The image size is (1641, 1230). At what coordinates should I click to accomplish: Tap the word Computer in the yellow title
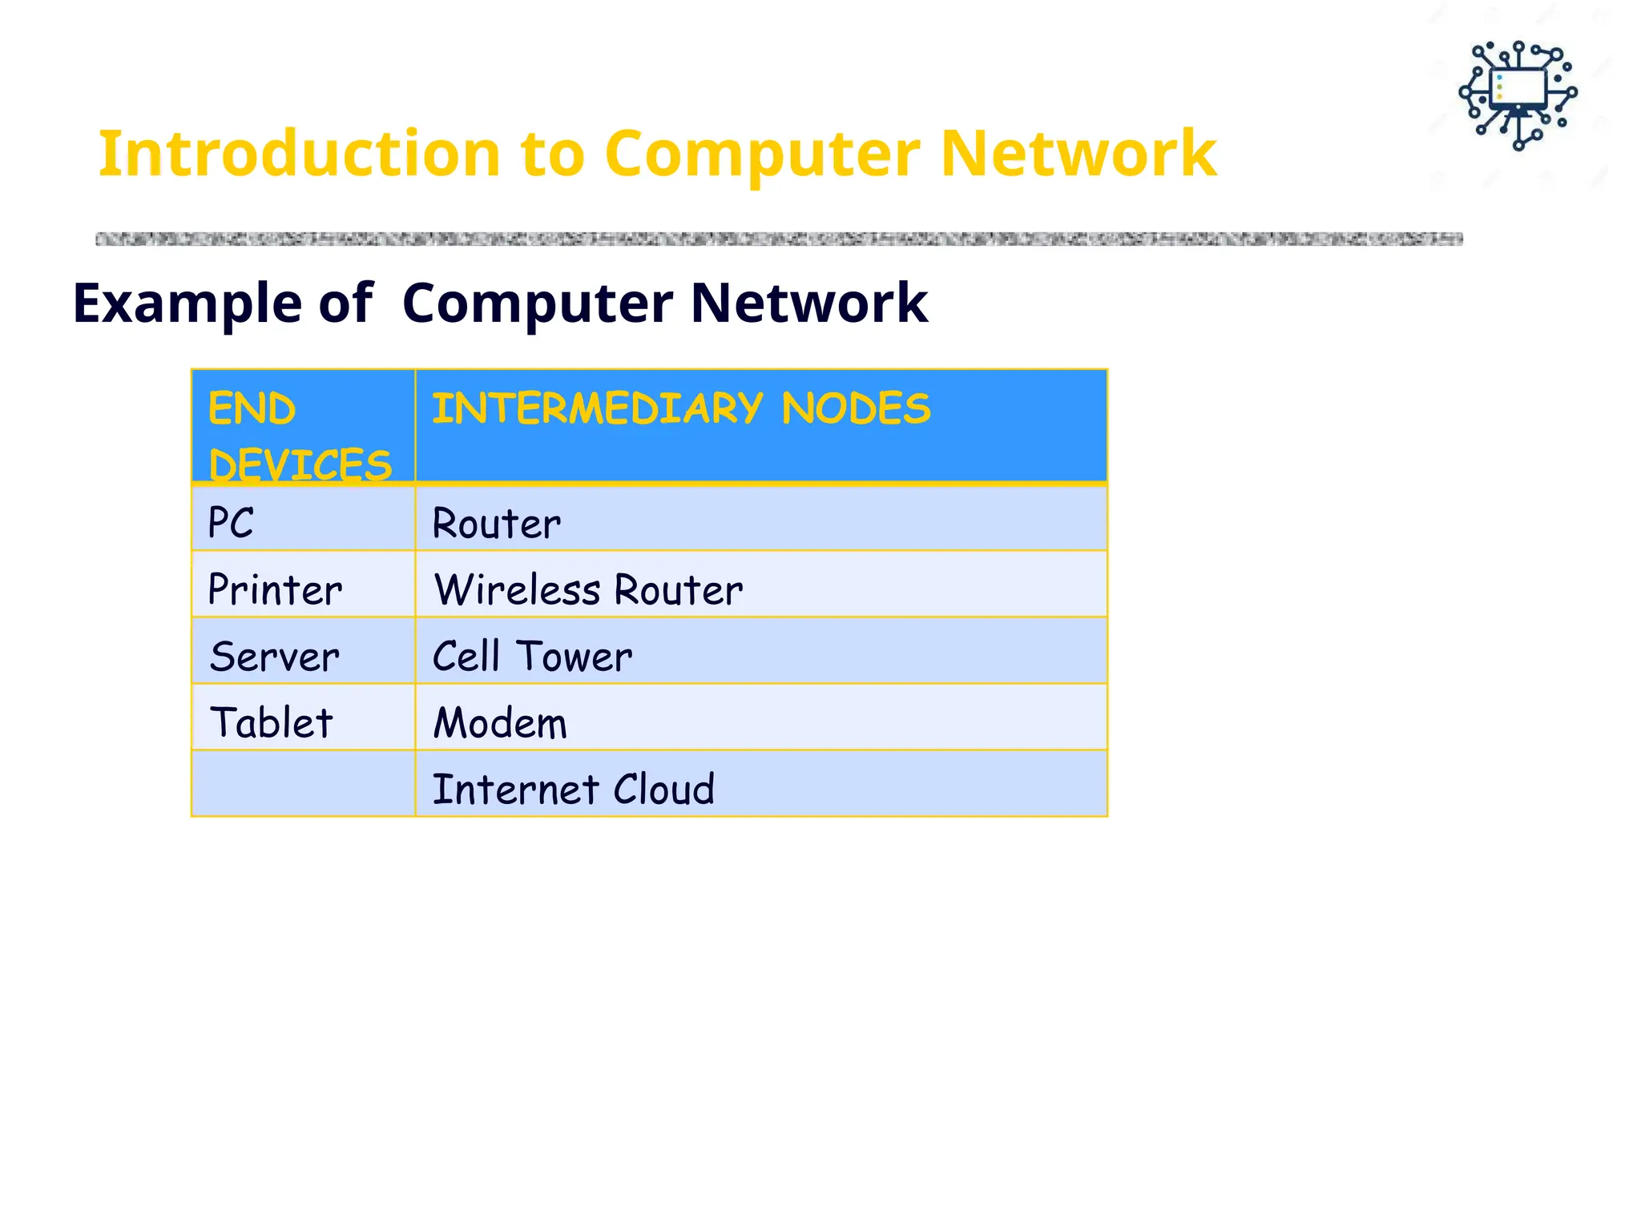(x=762, y=154)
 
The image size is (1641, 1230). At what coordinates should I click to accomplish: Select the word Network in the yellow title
(x=1078, y=154)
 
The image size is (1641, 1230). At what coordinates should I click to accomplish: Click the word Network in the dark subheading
(x=808, y=303)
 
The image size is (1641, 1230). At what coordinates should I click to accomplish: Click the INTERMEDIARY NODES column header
(x=681, y=409)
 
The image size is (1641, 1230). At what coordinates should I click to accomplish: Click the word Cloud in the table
(x=663, y=790)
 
